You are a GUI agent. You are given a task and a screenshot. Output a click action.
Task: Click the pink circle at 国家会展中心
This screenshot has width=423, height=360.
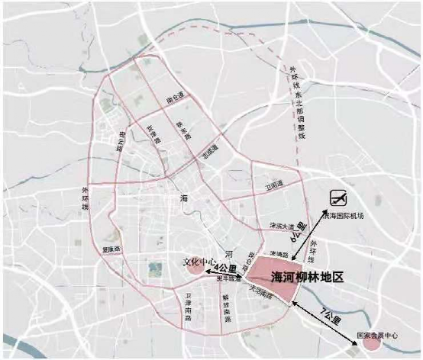[x=372, y=342]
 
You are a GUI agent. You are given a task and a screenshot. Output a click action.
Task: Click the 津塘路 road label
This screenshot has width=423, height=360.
[x=279, y=252]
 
